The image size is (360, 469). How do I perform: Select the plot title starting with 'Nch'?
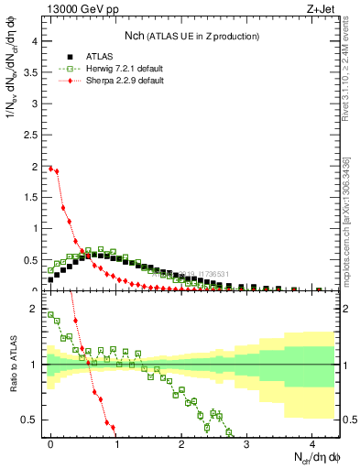pyautogui.click(x=191, y=36)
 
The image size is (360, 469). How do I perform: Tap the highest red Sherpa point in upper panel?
pyautogui.click(x=51, y=168)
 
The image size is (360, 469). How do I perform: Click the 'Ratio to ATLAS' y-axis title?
pyautogui.click(x=12, y=366)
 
